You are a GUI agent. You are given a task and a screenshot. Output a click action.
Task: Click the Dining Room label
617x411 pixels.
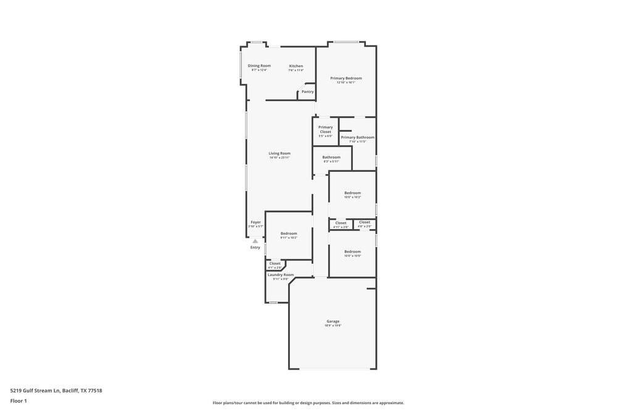click(x=259, y=65)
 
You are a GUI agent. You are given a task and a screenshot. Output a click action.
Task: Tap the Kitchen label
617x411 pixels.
click(x=296, y=66)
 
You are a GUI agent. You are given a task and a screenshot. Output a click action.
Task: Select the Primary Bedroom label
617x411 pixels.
click(x=346, y=78)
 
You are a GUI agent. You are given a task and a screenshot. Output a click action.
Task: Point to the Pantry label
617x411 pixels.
click(x=307, y=92)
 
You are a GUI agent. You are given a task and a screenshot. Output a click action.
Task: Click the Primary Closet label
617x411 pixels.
click(x=325, y=129)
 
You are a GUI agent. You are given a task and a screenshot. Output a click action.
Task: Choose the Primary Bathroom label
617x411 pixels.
click(x=357, y=137)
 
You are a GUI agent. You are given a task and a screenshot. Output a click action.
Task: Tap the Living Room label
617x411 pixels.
click(x=280, y=153)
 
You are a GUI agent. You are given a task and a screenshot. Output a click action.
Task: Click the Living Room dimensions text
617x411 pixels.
click(x=280, y=158)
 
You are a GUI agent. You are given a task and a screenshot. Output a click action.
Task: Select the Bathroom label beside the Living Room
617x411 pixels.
click(x=331, y=157)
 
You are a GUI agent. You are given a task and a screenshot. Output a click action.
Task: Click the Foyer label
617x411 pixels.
click(x=255, y=222)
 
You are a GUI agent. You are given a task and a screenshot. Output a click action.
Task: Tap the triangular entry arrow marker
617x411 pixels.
click(x=255, y=241)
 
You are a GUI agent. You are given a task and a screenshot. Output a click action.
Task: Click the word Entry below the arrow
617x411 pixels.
click(x=255, y=247)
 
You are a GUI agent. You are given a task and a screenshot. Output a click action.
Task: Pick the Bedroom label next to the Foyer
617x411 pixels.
click(x=289, y=234)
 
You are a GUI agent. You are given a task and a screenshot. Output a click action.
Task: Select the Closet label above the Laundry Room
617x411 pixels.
click(x=275, y=263)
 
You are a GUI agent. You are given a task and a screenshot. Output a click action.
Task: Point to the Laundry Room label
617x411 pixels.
click(x=280, y=275)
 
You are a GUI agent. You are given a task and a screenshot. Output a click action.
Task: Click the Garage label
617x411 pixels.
click(x=333, y=321)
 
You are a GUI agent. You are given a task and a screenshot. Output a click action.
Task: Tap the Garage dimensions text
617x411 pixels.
click(x=333, y=325)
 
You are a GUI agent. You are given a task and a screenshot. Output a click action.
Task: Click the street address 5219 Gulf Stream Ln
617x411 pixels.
click(x=56, y=390)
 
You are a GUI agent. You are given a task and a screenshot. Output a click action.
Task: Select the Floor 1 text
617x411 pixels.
click(x=19, y=401)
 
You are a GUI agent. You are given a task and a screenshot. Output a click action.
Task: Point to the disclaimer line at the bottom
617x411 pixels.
click(x=308, y=403)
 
